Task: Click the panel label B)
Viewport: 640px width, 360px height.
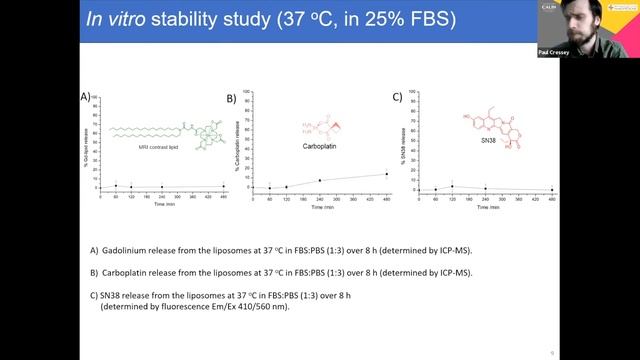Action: [231, 99]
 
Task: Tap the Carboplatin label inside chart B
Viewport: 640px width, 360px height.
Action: [323, 145]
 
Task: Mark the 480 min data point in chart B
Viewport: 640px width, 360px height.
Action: [386, 174]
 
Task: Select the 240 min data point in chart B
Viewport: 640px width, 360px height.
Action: [320, 180]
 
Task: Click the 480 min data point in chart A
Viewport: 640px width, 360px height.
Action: [223, 186]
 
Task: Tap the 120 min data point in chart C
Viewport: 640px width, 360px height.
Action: [452, 186]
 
